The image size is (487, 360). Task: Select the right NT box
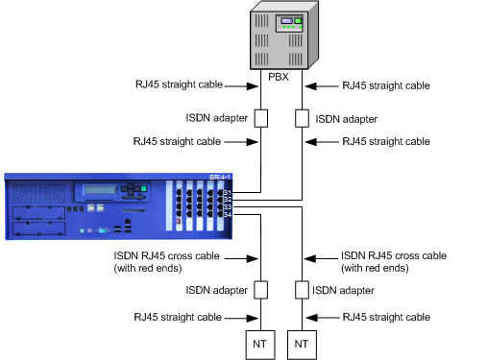(x=302, y=341)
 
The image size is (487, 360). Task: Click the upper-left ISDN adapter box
(x=259, y=119)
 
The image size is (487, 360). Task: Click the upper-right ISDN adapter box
(x=302, y=119)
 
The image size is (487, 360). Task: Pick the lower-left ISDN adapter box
(x=259, y=289)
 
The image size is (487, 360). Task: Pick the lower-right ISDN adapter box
(x=302, y=289)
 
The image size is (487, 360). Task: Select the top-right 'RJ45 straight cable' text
(x=386, y=84)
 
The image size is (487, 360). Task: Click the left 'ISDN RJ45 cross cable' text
(x=178, y=256)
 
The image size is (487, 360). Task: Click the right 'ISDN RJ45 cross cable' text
(x=394, y=256)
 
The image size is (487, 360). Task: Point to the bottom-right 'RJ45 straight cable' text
(x=386, y=316)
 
